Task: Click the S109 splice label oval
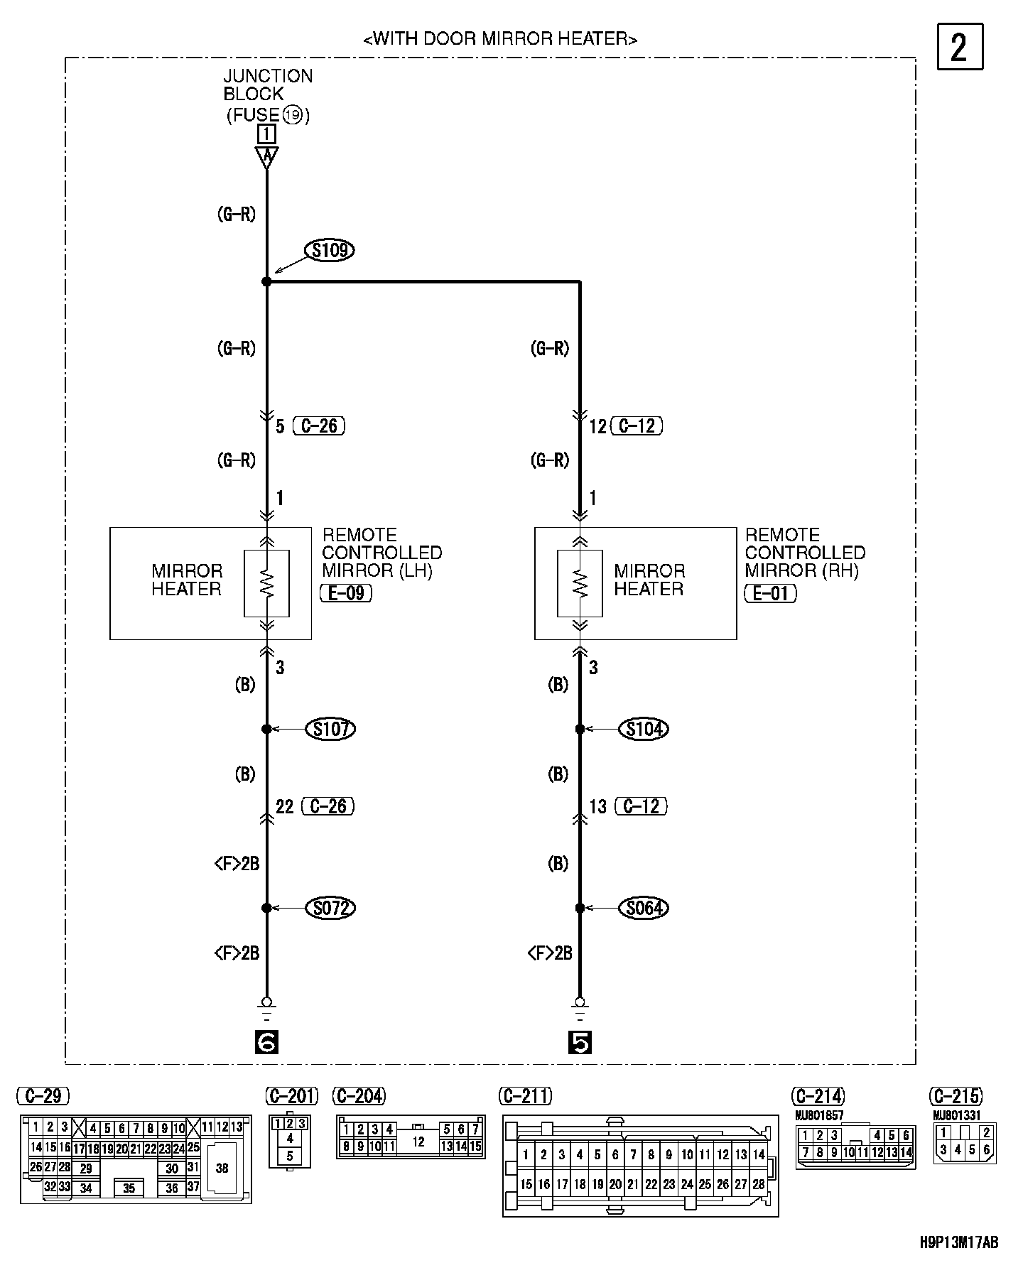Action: [x=329, y=250]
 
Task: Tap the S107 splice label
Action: [x=330, y=729]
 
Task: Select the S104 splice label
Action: [x=644, y=729]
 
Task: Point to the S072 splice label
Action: [x=330, y=908]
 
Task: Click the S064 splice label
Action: [x=644, y=908]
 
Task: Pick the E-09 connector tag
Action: [x=346, y=592]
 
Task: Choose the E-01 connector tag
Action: [x=770, y=592]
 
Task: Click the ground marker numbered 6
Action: [x=266, y=1042]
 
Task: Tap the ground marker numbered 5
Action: [x=580, y=1042]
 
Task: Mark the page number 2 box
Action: [x=960, y=47]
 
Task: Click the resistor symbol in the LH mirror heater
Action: [x=266, y=582]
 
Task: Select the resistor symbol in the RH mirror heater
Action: [x=580, y=582]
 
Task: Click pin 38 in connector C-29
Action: [x=222, y=1168]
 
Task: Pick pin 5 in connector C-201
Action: [x=290, y=1156]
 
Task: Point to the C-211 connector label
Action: [x=526, y=1097]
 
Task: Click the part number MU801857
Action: [x=819, y=1115]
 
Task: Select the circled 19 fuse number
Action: [x=292, y=114]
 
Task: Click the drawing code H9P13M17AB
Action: [x=958, y=1242]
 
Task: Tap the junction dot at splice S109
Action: [x=266, y=282]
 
